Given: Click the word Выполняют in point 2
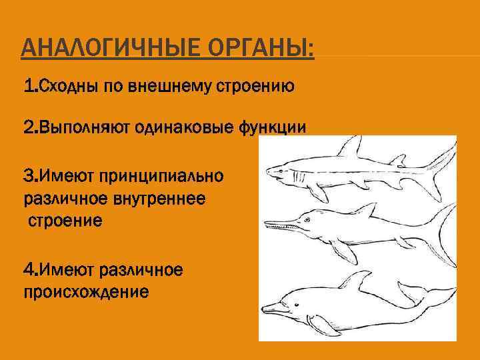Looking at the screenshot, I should (80, 127).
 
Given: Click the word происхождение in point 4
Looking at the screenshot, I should (86, 291).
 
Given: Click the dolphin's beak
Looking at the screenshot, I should (269, 309).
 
